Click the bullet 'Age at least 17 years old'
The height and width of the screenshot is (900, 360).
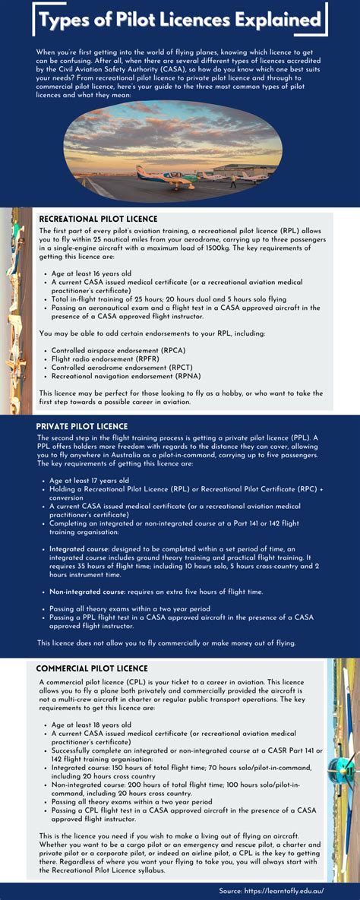89,481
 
